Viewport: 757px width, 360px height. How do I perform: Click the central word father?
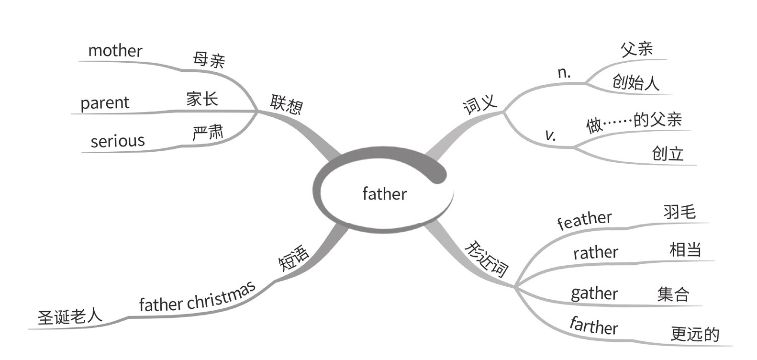(x=384, y=194)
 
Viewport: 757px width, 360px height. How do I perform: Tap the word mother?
(x=115, y=51)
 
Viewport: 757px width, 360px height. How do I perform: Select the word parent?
(x=105, y=103)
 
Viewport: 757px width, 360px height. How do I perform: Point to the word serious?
(x=118, y=141)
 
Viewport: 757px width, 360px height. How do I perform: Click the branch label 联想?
(x=286, y=104)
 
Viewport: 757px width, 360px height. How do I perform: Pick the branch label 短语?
(x=294, y=258)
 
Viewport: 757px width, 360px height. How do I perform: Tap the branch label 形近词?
(x=486, y=259)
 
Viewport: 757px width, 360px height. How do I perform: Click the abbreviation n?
(x=564, y=72)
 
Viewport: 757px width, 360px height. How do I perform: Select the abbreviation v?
(x=551, y=135)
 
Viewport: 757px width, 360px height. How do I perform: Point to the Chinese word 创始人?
(x=635, y=82)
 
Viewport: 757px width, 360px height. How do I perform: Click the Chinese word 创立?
(x=668, y=154)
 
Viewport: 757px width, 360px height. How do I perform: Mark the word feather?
(x=584, y=220)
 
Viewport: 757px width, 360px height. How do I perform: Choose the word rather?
(x=596, y=252)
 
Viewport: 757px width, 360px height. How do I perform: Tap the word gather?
(x=594, y=293)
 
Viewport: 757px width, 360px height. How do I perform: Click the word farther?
(x=594, y=326)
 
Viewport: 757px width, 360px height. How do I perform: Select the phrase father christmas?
(x=197, y=298)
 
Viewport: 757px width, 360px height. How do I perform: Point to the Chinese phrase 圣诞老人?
(x=70, y=316)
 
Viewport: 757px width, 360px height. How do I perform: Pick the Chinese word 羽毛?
(x=679, y=212)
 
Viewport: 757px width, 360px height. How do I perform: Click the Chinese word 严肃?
(x=208, y=133)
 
